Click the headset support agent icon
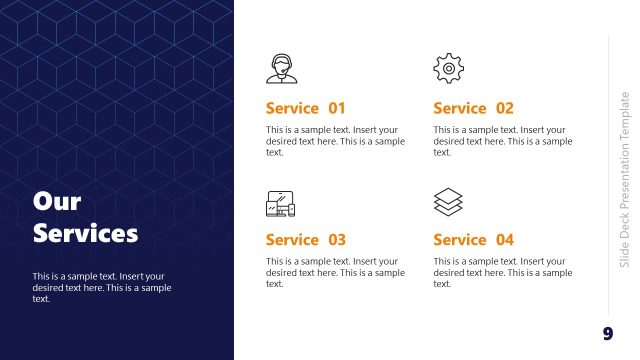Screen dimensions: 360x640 tap(281, 68)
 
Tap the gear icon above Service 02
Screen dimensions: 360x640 tap(448, 68)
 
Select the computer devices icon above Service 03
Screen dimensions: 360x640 tap(281, 204)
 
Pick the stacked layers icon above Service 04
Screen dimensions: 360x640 tap(448, 203)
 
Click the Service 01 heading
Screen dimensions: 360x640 tap(305, 108)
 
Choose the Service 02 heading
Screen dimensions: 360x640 tap(473, 108)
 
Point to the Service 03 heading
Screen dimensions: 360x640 tap(305, 240)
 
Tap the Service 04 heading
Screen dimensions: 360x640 tap(473, 240)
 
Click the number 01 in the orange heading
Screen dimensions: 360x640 tap(336, 108)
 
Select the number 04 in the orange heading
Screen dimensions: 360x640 tap(504, 240)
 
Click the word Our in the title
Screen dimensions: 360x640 tap(57, 202)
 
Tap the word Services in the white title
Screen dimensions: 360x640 tap(85, 234)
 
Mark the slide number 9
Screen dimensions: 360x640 tap(607, 333)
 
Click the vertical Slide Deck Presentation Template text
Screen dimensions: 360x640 tap(625, 179)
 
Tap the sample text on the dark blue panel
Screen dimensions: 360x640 tap(101, 287)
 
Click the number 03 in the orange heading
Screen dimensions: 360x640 tap(336, 240)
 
